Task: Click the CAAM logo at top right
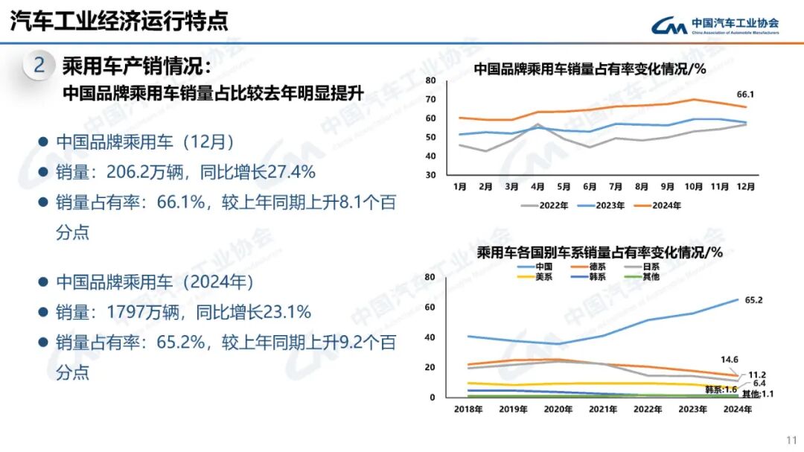(715, 26)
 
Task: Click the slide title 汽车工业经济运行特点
(119, 21)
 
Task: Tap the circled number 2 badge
(39, 66)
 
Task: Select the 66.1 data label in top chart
(745, 95)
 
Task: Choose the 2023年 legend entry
(602, 206)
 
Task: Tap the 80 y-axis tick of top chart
(430, 80)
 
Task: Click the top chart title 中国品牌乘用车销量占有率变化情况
(590, 69)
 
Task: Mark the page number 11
(791, 439)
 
